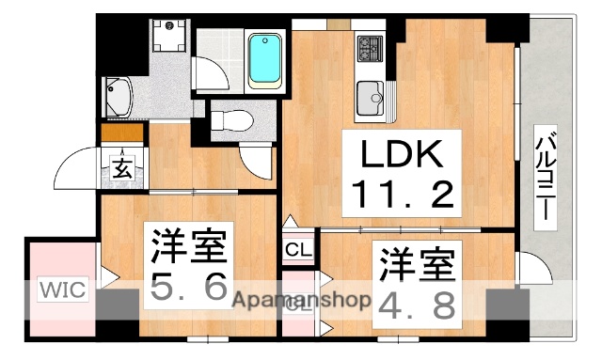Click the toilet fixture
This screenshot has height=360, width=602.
click(x=231, y=119)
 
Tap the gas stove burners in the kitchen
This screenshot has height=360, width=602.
click(x=369, y=46)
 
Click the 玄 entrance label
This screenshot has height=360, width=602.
click(x=123, y=169)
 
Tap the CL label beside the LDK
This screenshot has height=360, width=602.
click(x=297, y=250)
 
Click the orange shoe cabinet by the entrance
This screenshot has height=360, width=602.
click(x=122, y=133)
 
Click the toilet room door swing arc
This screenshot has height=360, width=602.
click(x=253, y=159)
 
